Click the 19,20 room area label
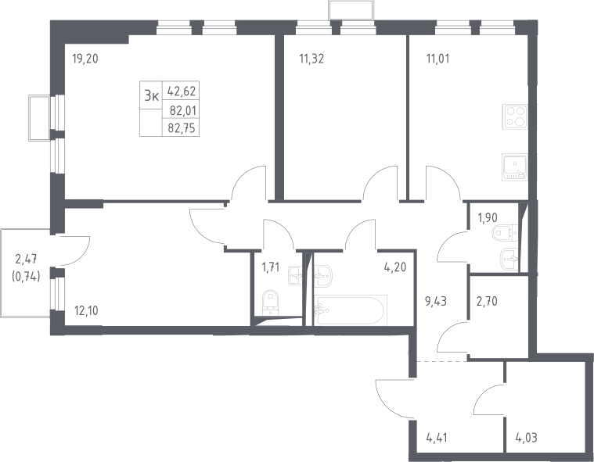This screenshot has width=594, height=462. pos(85,59)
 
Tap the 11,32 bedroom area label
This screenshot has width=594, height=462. pos(311,59)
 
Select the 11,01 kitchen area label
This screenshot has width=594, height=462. pos(438,59)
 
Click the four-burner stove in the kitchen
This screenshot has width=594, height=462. pos(515,116)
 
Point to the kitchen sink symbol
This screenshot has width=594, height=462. pos(515,167)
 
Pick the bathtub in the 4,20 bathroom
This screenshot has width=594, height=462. pos(351,310)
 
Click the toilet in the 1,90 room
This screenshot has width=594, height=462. pos(505,233)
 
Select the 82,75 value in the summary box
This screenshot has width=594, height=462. pos(182,128)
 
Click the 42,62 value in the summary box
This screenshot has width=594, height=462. pos(182,91)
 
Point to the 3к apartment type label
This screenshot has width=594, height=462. pos(151,96)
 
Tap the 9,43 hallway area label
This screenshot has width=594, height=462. pos(436,302)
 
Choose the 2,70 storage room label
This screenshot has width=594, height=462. pos(487,302)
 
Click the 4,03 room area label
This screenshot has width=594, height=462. pos(526,439)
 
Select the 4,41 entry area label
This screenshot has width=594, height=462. pos(437,439)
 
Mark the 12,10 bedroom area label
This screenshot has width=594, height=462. pos(86,310)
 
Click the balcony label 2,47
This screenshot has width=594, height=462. pos(26,260)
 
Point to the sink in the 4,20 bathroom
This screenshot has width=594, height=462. pos(322,275)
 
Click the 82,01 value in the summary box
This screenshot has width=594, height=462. pos(183,111)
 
